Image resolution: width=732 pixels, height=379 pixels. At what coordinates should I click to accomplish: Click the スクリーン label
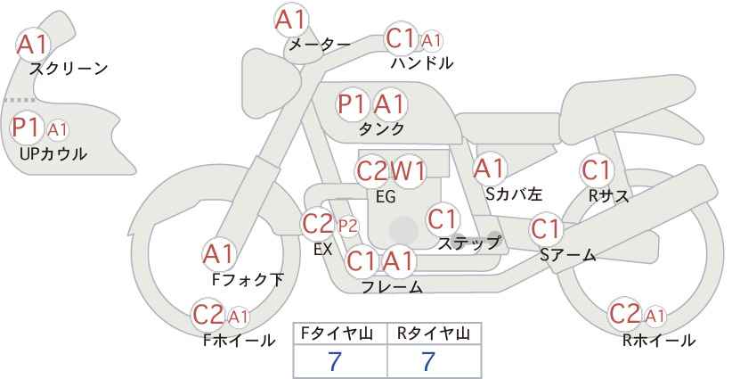coord(69,70)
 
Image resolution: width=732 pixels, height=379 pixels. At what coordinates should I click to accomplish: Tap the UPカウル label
coord(53,153)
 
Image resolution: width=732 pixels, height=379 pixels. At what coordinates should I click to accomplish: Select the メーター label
coord(320,45)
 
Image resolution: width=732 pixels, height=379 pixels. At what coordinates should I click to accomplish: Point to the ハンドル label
coord(422,62)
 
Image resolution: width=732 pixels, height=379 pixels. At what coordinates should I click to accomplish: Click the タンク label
coord(381,128)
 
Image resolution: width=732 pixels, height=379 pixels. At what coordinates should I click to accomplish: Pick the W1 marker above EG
coord(408,172)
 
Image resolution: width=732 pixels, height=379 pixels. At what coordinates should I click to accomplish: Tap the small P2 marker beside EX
coord(348,227)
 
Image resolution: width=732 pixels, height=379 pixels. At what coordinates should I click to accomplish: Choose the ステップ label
coord(468,243)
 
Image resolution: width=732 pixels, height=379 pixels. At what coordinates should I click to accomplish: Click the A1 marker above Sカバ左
coord(490,169)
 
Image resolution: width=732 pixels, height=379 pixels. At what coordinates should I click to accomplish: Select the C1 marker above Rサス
coord(596,170)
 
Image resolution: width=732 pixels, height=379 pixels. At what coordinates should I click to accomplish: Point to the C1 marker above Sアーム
coord(546,229)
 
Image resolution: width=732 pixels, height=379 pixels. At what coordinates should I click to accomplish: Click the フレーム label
coord(392,286)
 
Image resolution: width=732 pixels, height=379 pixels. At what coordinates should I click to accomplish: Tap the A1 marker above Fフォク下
coord(218,255)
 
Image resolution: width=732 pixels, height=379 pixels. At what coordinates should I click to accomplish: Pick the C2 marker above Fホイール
coord(208,315)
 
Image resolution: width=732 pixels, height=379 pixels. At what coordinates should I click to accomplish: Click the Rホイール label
coord(659,341)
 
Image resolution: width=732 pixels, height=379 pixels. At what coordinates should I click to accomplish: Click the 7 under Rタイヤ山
coord(428,361)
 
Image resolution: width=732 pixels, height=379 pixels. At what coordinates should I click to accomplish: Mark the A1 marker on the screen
coord(33,45)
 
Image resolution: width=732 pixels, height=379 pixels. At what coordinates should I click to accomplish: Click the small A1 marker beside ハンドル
coord(430,42)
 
